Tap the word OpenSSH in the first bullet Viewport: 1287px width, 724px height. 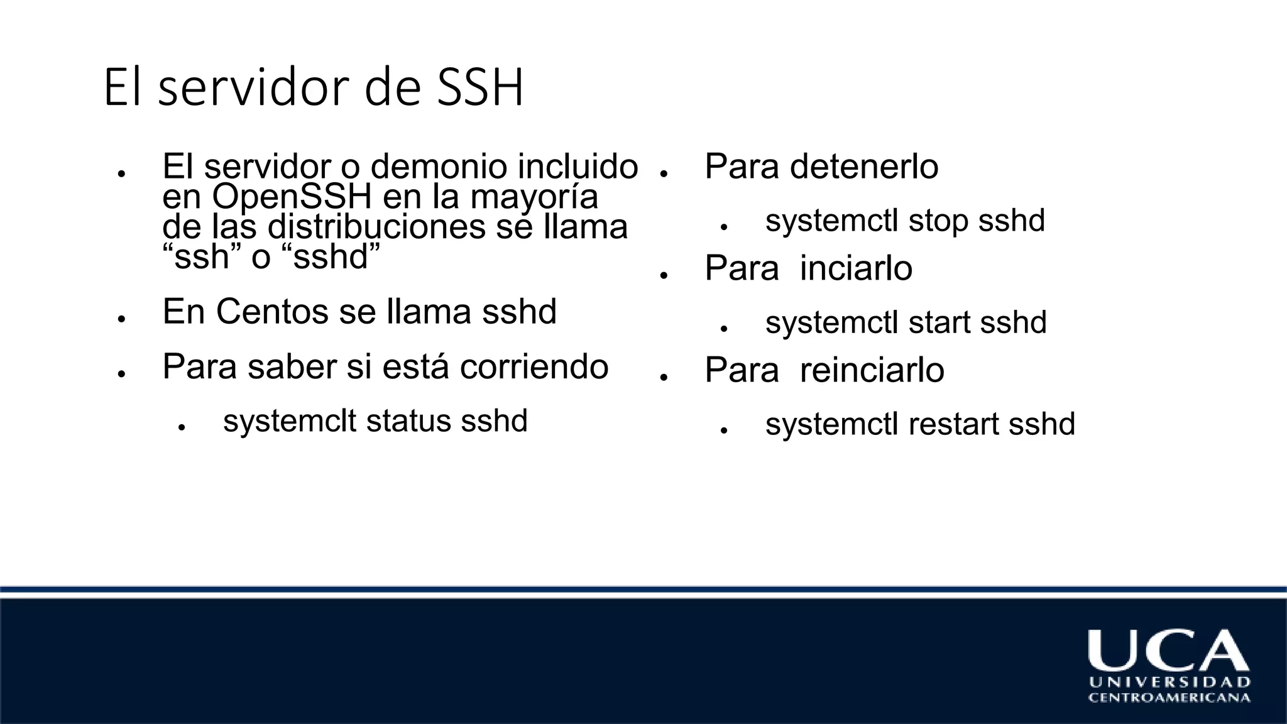(x=292, y=197)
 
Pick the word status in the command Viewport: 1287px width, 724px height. (x=408, y=421)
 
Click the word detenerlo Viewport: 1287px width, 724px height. (x=864, y=167)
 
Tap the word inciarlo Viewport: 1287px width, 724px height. (x=856, y=268)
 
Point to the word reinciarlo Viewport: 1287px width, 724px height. (x=872, y=370)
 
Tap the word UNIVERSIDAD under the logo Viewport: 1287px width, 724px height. (x=1169, y=683)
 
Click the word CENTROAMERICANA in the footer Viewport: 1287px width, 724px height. (x=1169, y=698)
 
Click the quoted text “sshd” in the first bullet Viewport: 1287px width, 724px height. (x=337, y=257)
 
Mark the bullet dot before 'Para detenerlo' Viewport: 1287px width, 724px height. (x=664, y=173)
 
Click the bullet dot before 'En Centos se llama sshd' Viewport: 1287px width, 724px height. (x=121, y=319)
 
